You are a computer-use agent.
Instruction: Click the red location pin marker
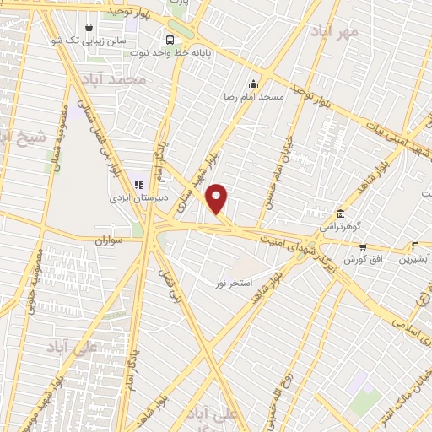coord(217,198)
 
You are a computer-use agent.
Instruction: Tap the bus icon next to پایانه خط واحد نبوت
coord(170,40)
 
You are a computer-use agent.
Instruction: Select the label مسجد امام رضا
coord(254,97)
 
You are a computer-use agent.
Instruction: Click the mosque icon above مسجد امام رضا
coord(253,84)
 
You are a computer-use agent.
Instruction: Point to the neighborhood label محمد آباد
coord(116,79)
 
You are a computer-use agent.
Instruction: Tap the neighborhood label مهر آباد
coord(334,31)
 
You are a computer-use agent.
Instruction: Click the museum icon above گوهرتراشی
coord(340,213)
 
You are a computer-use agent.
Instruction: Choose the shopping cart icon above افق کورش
coord(363,246)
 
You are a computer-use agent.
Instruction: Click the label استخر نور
coord(230,281)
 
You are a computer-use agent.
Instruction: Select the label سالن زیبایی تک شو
coord(87,40)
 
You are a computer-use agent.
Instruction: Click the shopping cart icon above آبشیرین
coord(415,246)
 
